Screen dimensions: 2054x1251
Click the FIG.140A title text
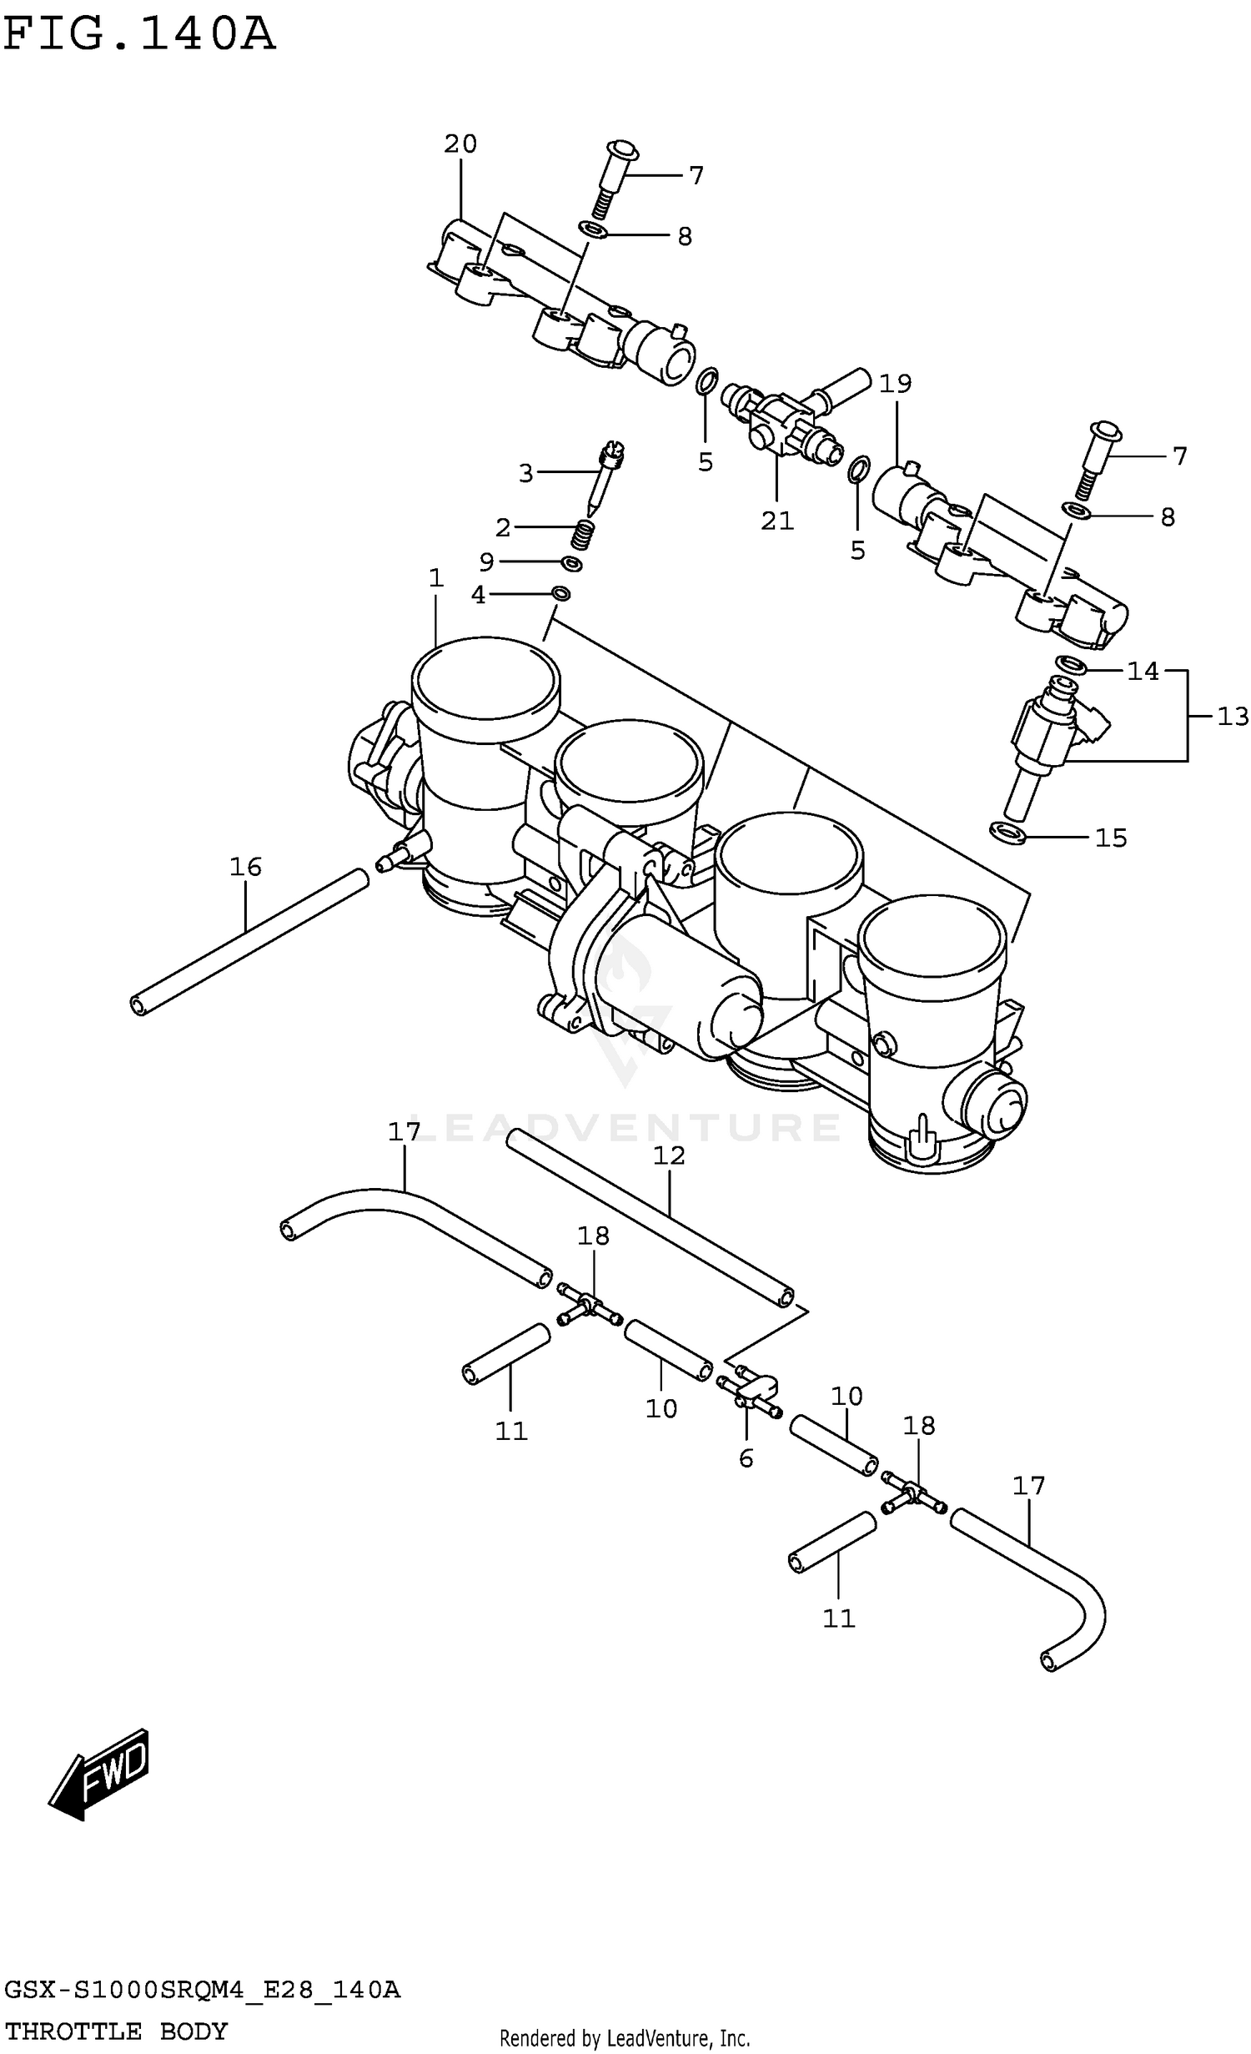138,36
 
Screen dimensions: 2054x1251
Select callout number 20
460,144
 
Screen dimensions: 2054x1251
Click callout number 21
776,521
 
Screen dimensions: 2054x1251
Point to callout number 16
245,867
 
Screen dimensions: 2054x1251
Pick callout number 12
669,1155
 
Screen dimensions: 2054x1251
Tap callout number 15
1110,838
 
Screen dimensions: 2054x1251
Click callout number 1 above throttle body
435,577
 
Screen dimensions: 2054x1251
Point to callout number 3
525,474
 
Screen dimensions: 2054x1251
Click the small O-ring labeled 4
561,593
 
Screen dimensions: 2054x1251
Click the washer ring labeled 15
1007,832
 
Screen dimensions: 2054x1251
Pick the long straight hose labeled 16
250,941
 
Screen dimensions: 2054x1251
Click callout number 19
896,384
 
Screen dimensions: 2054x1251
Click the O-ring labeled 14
1071,664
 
